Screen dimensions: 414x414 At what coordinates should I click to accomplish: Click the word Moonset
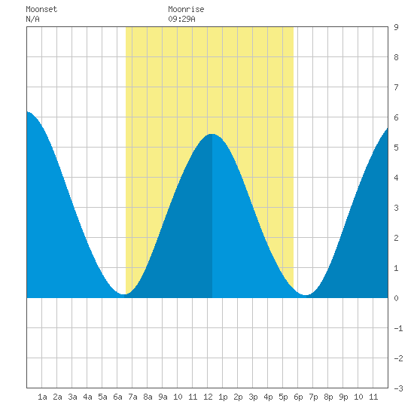click(41, 9)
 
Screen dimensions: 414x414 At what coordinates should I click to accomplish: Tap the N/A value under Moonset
click(32, 19)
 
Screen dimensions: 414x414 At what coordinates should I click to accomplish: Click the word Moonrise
click(186, 9)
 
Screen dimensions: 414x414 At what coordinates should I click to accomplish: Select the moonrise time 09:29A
click(181, 19)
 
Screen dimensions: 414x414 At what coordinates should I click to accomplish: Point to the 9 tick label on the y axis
click(396, 27)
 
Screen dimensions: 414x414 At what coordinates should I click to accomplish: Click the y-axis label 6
click(396, 117)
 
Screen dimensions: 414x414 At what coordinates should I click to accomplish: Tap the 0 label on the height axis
click(396, 298)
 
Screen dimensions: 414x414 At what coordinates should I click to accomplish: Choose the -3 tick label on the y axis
click(398, 388)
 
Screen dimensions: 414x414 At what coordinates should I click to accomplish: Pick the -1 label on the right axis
click(398, 328)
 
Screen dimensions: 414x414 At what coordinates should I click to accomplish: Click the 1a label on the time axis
click(42, 397)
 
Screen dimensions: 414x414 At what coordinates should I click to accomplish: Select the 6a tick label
click(117, 397)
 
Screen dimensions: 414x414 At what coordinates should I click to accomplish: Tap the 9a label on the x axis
click(163, 397)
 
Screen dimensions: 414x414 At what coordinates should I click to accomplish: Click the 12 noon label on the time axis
click(208, 397)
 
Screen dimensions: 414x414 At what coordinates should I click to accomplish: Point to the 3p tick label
click(253, 397)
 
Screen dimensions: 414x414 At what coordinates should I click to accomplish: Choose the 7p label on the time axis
click(313, 397)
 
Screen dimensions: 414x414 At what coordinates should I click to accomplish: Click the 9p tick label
click(343, 397)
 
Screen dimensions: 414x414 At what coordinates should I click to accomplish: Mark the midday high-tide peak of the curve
click(212, 135)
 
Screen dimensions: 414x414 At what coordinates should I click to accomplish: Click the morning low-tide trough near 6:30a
click(123, 294)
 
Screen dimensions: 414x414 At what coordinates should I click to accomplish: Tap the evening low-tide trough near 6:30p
click(306, 295)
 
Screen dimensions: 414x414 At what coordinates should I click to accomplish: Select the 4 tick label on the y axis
click(396, 178)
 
